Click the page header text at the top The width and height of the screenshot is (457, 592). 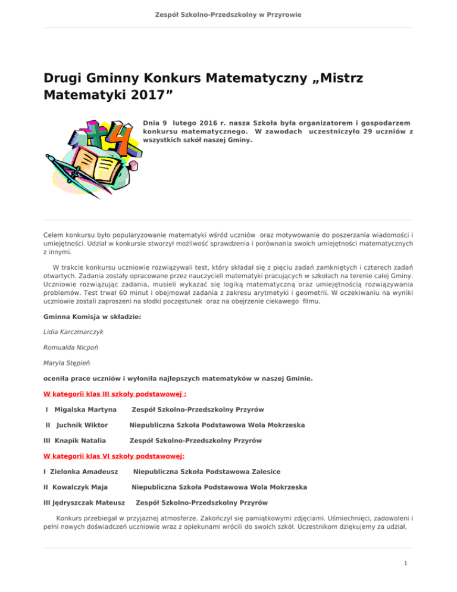click(228, 14)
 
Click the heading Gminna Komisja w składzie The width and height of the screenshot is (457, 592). click(92, 317)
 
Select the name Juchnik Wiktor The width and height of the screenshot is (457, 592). click(82, 425)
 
